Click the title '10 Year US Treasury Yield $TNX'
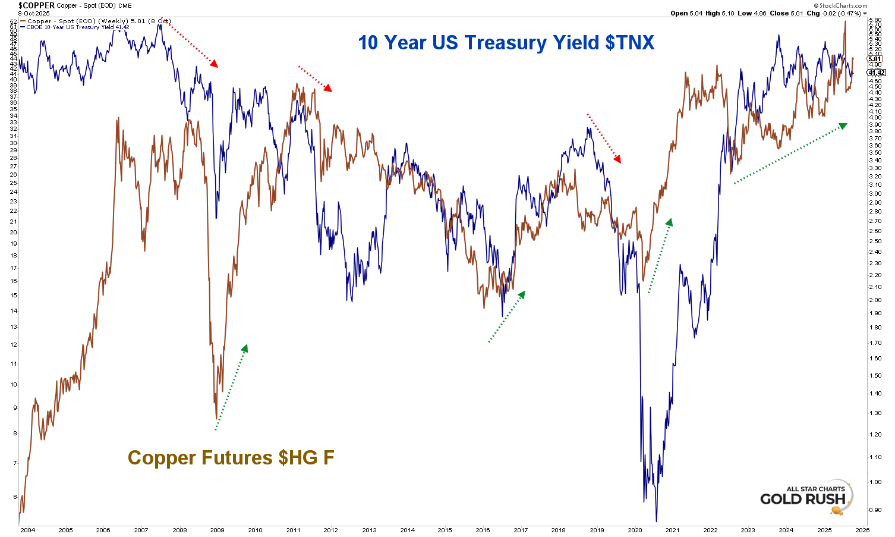click(x=506, y=43)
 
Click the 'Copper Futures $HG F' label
click(x=231, y=458)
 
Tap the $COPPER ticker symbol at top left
click(x=36, y=5)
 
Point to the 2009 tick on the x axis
click(x=217, y=530)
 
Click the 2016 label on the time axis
click(x=483, y=530)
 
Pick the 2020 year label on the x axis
click(x=635, y=530)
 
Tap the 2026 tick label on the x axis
click(x=862, y=530)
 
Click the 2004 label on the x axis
click(x=27, y=530)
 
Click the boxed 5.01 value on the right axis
click(x=875, y=59)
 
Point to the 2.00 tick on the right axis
click(x=875, y=300)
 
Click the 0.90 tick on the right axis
click(x=875, y=510)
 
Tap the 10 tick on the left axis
click(x=12, y=384)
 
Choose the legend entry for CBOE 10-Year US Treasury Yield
click(x=77, y=27)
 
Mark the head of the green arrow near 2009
click(x=244, y=348)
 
